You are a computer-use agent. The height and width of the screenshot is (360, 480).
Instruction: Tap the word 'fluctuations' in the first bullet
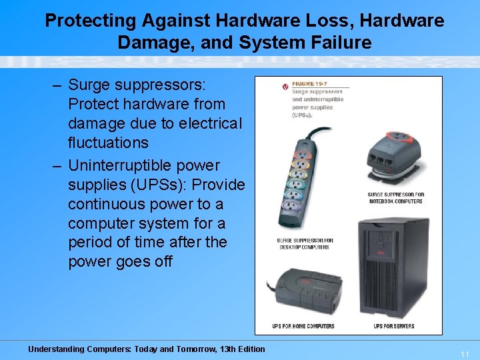click(x=108, y=143)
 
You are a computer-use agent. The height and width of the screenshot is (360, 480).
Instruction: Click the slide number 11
click(x=465, y=354)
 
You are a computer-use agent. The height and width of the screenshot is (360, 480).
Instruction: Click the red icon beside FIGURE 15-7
click(x=285, y=87)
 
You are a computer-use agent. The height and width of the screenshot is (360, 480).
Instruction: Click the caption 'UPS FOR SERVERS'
click(x=394, y=327)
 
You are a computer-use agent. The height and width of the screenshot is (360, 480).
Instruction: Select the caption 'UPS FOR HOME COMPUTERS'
click(x=303, y=327)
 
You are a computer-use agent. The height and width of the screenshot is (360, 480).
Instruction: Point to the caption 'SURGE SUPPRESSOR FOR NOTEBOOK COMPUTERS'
click(x=395, y=198)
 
